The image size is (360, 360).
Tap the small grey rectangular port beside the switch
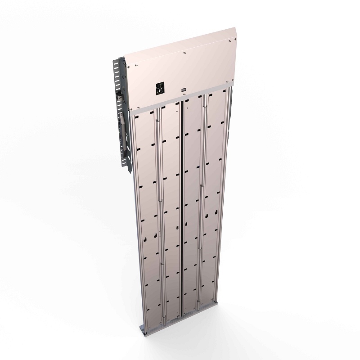pyautogui.click(x=184, y=90)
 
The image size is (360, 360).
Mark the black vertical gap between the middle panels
pyautogui.click(x=182, y=202)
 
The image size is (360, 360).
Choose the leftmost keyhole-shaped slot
pyautogui.click(x=157, y=235)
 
